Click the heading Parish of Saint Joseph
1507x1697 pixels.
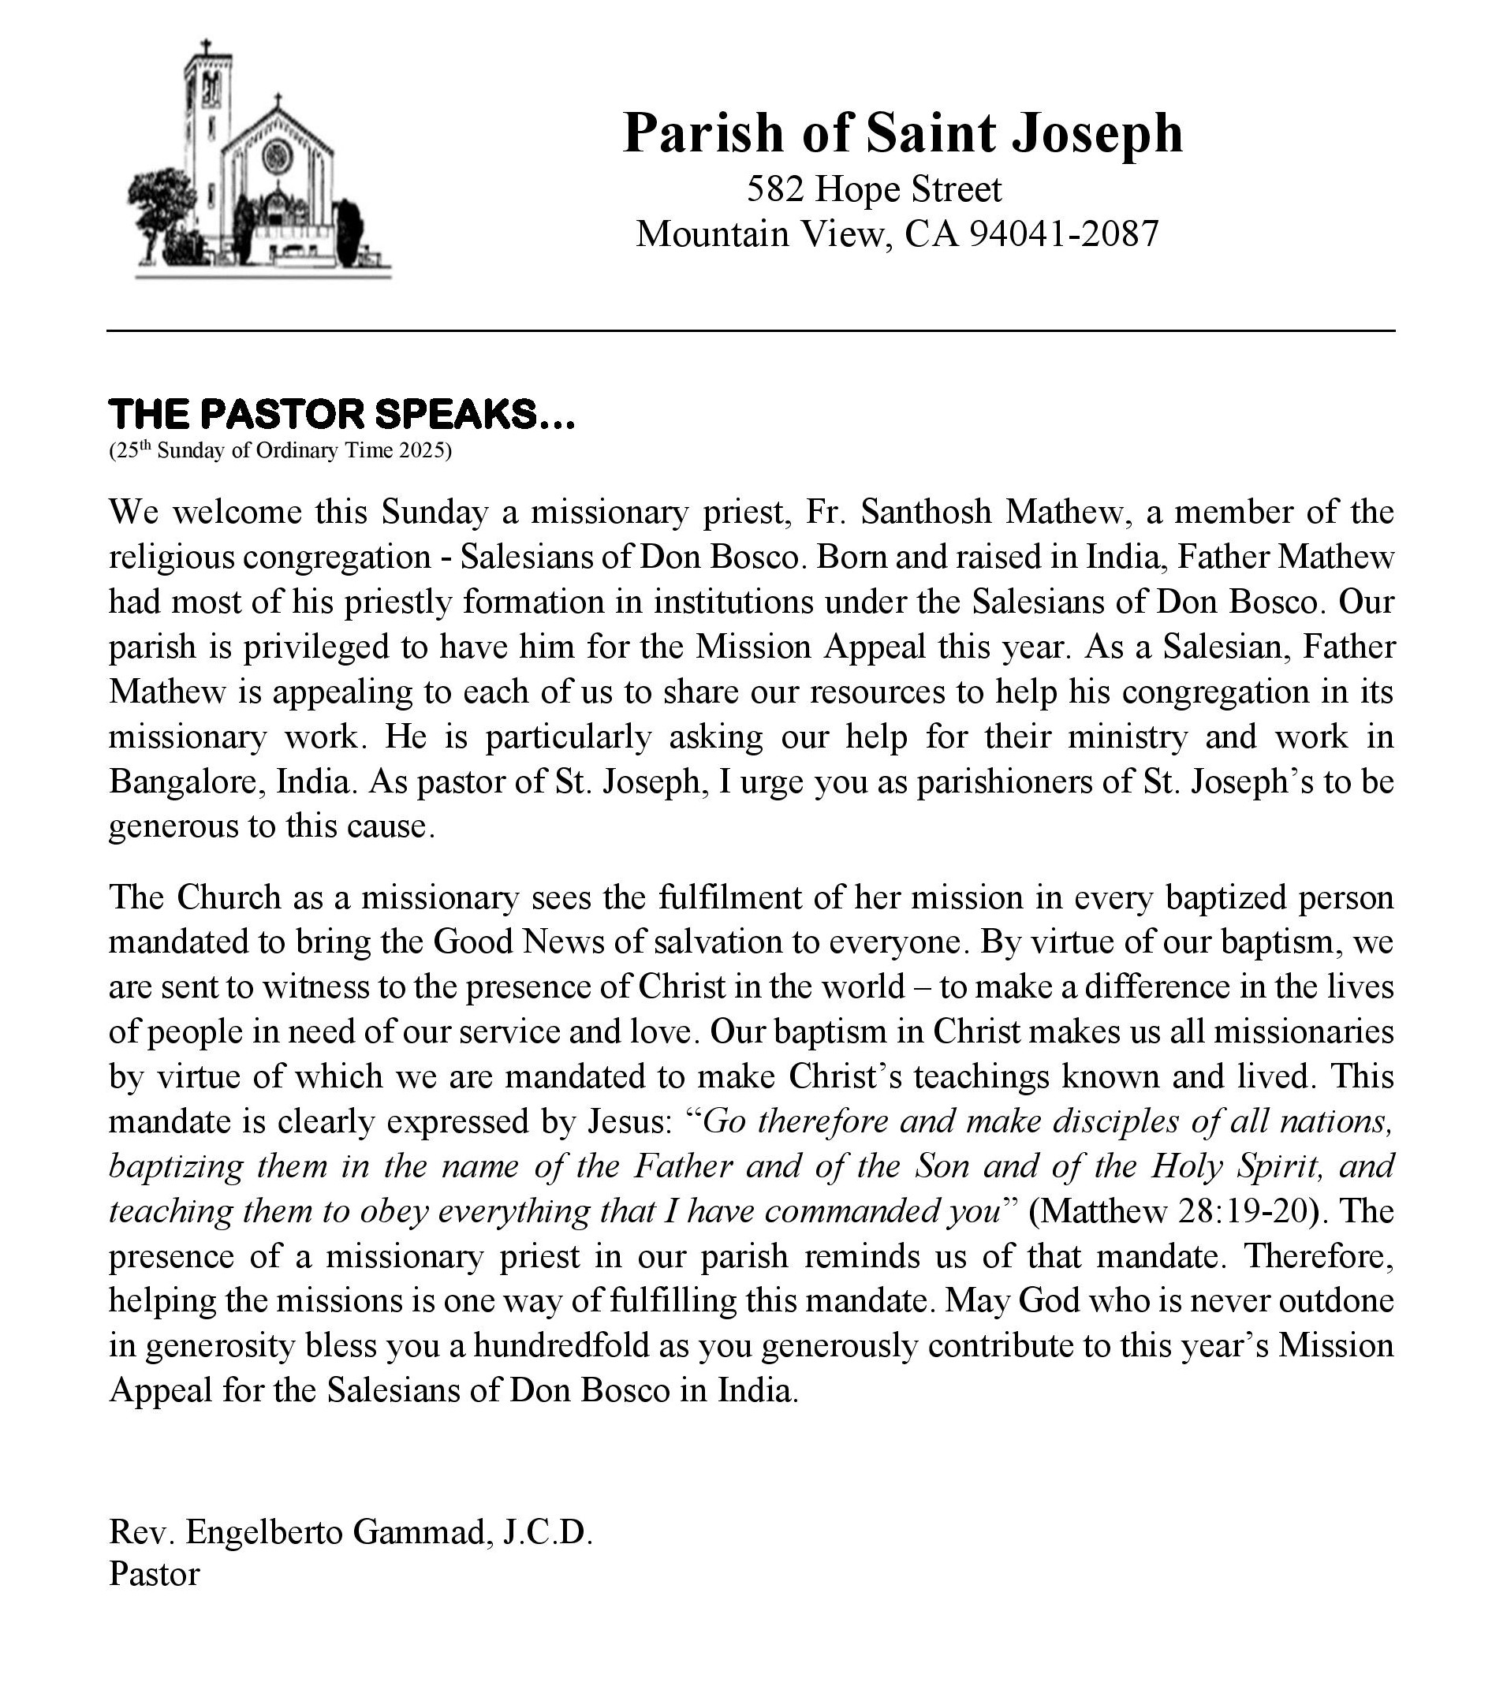[902, 132]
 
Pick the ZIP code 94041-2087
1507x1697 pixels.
[1064, 234]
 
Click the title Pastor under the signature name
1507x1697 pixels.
[155, 1574]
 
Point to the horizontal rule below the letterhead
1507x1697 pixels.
[751, 331]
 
